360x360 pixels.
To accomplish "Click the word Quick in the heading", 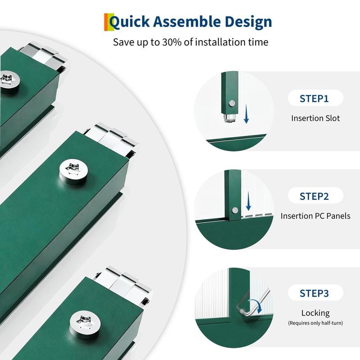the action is click(x=129, y=22).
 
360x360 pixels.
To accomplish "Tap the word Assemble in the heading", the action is click(x=187, y=22).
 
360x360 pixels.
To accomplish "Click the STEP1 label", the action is click(x=314, y=99).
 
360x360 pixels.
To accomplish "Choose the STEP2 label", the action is click(x=314, y=196).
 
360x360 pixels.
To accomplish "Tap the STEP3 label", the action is click(x=314, y=293).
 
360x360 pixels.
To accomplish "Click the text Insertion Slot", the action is click(x=315, y=118).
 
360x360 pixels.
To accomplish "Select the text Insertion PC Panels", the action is click(x=315, y=216).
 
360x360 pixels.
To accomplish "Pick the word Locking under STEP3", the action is click(x=315, y=313).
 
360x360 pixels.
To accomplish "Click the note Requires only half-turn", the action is click(x=315, y=323).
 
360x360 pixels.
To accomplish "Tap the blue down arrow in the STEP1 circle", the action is click(x=246, y=114).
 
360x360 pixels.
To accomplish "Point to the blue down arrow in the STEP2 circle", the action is click(x=248, y=201).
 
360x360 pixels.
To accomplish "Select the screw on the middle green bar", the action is click(x=73, y=172).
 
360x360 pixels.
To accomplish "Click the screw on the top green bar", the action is click(x=9, y=81).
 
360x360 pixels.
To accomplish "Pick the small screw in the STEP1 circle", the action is click(x=232, y=103).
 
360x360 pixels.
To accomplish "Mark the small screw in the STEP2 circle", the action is click(x=235, y=210).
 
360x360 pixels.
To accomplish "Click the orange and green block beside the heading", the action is click(x=109, y=22).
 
